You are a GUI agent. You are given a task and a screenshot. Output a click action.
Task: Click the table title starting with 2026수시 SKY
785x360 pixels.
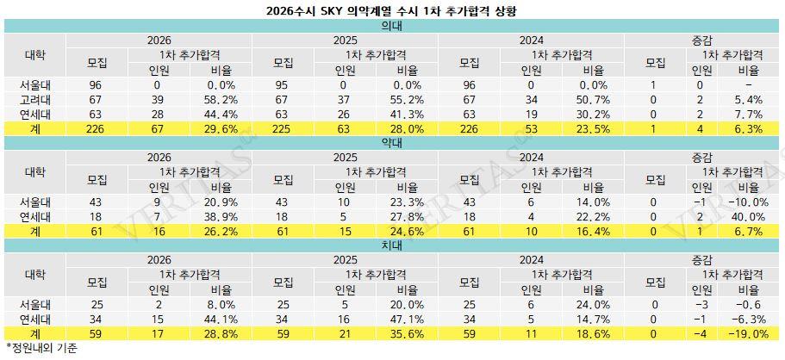point(392,11)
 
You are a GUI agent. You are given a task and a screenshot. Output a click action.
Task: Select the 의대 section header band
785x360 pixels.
point(392,26)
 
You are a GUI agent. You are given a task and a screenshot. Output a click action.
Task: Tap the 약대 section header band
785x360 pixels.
point(392,142)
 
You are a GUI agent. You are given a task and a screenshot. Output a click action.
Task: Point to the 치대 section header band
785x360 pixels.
point(392,245)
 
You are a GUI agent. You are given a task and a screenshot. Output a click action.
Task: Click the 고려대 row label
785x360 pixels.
point(35,100)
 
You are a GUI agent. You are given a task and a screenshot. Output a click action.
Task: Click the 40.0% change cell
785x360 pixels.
point(746,217)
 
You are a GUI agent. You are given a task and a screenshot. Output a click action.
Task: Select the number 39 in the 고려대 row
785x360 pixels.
point(158,100)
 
